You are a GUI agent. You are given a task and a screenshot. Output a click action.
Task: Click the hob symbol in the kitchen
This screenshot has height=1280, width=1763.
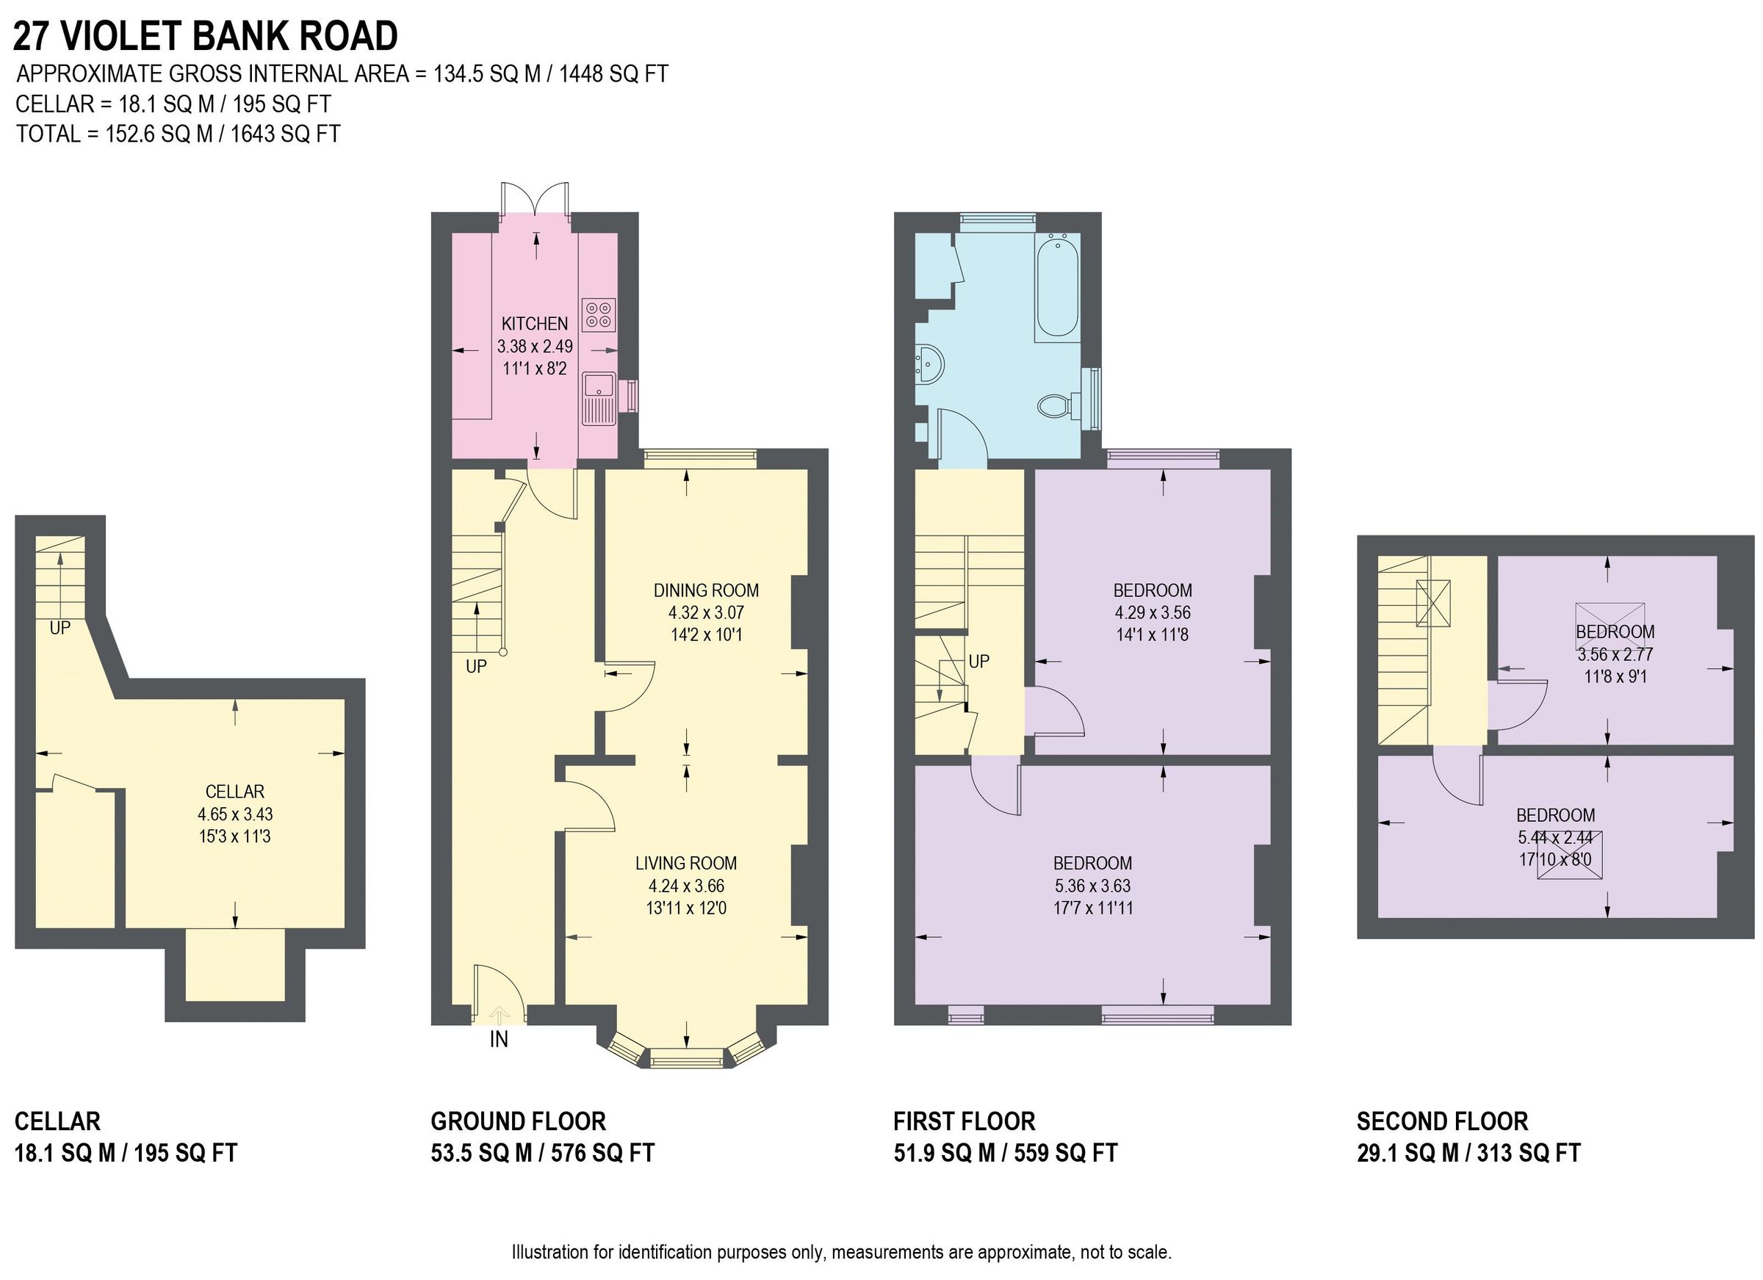click(x=598, y=313)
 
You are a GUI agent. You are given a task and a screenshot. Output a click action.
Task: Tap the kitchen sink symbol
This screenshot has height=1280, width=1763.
click(x=599, y=398)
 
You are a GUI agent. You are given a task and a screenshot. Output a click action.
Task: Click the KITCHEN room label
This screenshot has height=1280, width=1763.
click(x=534, y=323)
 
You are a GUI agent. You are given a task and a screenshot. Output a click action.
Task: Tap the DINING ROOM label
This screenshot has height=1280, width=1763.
click(x=706, y=590)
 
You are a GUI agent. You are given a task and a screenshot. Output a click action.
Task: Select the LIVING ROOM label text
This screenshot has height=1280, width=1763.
click(x=685, y=863)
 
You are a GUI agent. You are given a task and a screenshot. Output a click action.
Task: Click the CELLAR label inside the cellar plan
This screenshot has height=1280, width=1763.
click(x=235, y=791)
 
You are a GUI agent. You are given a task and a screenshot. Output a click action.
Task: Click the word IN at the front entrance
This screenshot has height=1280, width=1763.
click(x=498, y=1039)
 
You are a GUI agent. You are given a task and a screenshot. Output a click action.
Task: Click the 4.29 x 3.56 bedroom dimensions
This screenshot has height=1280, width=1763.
click(x=1152, y=612)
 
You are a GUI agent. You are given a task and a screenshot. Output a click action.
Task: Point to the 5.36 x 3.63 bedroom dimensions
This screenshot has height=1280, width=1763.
click(x=1092, y=885)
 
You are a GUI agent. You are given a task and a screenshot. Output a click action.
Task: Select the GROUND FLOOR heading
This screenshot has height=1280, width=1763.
click(x=518, y=1121)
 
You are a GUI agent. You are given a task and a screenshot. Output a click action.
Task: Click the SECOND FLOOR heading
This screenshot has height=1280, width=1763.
click(x=1442, y=1121)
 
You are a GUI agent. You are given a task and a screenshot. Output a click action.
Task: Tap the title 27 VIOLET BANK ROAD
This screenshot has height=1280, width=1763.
click(x=205, y=36)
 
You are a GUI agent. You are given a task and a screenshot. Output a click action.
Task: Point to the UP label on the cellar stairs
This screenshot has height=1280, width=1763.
click(x=60, y=628)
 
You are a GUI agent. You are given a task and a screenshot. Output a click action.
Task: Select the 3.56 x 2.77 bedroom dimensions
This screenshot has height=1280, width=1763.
click(x=1615, y=654)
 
